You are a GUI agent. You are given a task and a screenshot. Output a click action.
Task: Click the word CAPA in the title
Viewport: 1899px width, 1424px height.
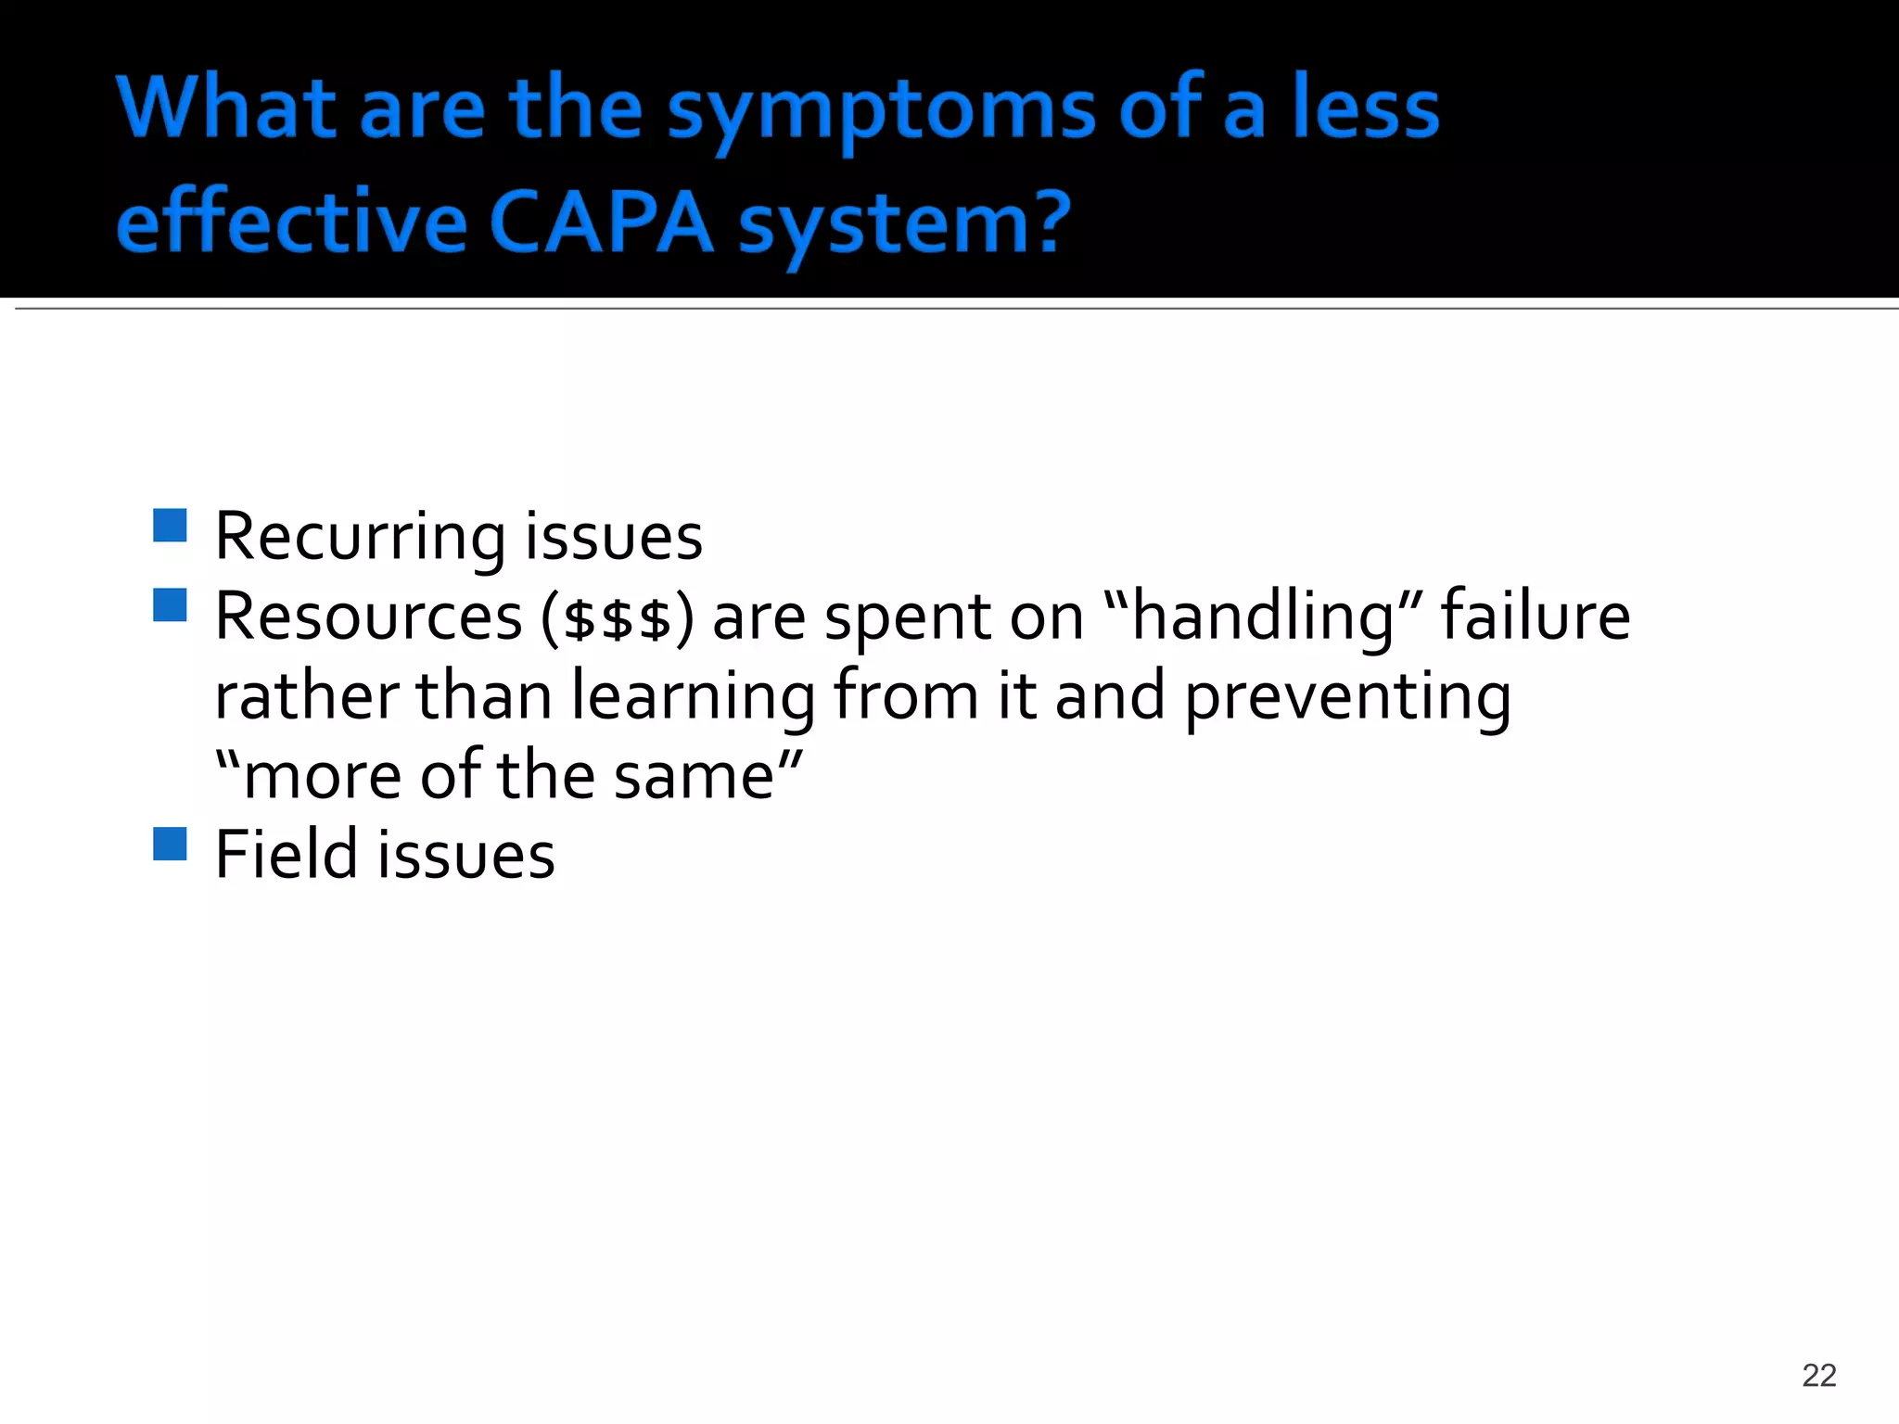(x=601, y=222)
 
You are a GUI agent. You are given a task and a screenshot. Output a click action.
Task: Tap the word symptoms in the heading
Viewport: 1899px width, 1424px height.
(x=881, y=111)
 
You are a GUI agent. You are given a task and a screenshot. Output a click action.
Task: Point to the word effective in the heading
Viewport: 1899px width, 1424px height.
(x=291, y=222)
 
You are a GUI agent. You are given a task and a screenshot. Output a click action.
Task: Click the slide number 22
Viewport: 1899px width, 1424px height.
(x=1818, y=1375)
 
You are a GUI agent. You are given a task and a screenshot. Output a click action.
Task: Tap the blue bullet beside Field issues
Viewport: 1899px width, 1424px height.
(x=171, y=844)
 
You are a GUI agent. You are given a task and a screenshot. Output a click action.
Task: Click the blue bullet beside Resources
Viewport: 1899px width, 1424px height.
(x=171, y=605)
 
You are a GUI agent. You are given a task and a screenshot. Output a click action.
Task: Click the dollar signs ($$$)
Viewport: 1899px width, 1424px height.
(x=617, y=619)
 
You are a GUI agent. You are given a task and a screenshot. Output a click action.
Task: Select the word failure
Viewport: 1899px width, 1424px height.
(x=1535, y=616)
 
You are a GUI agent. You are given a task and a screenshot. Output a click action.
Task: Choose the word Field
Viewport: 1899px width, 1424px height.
(x=286, y=855)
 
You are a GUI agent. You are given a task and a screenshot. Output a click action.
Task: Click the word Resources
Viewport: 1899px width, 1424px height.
(x=368, y=617)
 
